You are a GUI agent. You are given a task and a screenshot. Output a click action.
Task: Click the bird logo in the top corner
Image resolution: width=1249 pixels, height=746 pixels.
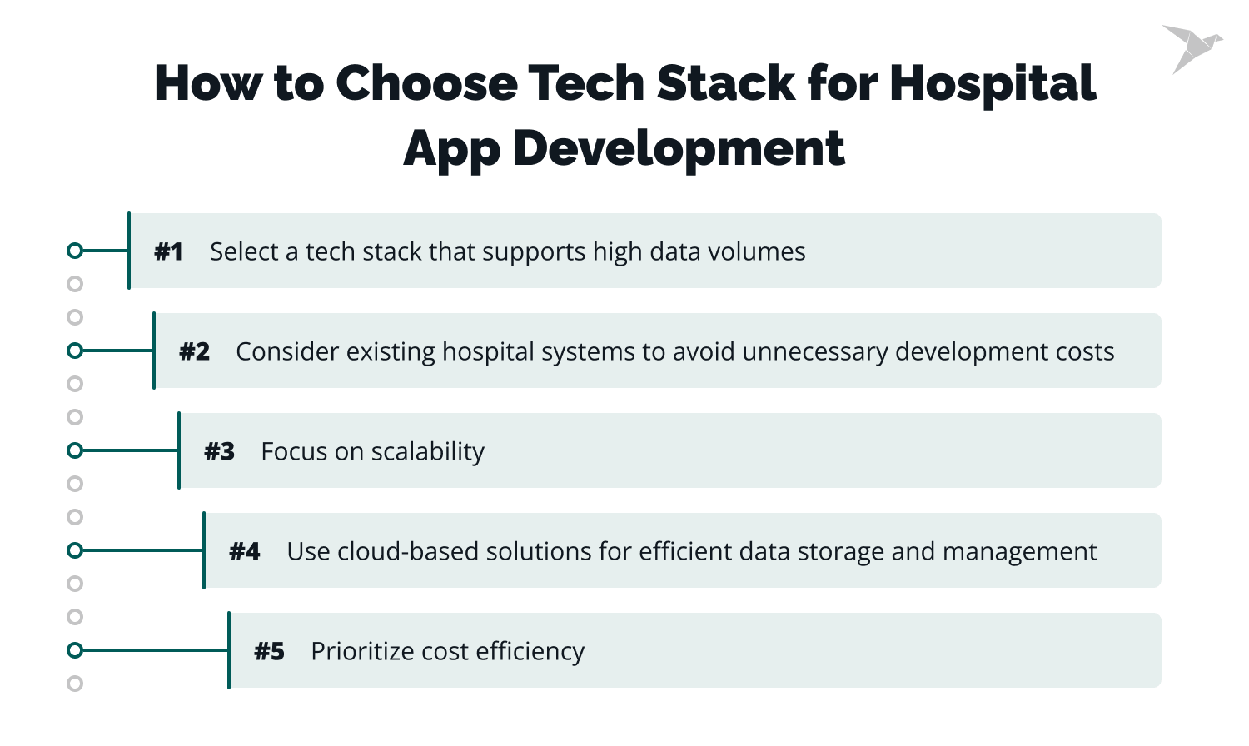point(1191,47)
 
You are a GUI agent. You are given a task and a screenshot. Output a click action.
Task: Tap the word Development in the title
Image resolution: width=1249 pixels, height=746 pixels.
point(679,149)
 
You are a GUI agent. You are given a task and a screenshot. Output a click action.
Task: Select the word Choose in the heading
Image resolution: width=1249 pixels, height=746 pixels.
point(426,83)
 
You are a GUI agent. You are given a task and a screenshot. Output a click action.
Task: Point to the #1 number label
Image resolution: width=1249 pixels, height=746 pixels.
point(168,251)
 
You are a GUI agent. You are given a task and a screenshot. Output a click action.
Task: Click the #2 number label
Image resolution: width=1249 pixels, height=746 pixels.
point(194,351)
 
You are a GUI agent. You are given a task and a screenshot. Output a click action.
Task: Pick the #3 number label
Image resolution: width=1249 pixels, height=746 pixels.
point(219,451)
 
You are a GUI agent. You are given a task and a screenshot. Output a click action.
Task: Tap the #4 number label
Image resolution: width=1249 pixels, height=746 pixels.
point(244,551)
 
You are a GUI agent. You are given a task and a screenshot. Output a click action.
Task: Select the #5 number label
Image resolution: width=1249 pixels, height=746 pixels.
point(269,651)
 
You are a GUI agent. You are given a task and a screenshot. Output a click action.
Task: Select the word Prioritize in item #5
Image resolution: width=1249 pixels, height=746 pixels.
point(362,651)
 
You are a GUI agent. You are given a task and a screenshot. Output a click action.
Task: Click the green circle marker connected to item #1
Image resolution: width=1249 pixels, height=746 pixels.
point(75,251)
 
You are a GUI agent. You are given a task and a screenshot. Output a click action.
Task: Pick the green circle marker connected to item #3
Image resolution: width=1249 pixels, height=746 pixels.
point(75,450)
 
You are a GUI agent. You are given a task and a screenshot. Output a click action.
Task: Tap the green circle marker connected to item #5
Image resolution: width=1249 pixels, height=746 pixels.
point(75,650)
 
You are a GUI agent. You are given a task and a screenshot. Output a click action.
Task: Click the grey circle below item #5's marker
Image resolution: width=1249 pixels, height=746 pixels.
point(75,684)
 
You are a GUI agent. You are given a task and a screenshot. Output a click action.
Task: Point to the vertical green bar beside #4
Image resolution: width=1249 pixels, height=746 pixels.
point(204,550)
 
